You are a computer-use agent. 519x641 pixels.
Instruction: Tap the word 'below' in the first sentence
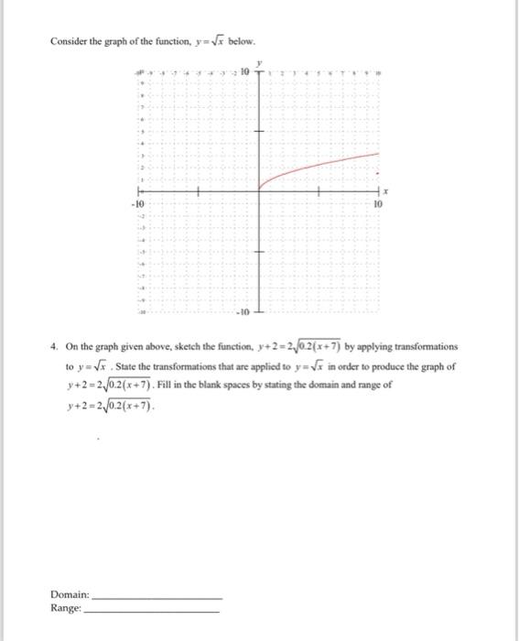click(241, 42)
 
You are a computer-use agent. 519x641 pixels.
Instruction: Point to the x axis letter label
click(386, 192)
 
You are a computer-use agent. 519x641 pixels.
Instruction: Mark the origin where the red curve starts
click(259, 191)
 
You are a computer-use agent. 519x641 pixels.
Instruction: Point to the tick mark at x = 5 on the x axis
click(319, 191)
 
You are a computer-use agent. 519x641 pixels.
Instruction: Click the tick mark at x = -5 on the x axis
click(199, 191)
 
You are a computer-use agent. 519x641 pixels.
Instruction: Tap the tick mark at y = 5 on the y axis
click(259, 131)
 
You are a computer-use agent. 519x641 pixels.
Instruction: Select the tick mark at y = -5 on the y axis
click(259, 252)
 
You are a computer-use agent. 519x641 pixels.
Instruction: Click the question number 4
click(56, 347)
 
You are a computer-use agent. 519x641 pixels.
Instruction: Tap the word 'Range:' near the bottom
click(67, 607)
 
